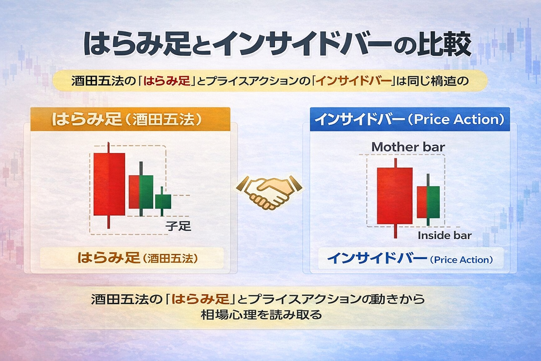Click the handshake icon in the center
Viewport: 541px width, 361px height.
269,192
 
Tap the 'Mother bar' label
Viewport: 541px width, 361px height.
408,147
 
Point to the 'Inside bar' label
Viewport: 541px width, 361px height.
444,235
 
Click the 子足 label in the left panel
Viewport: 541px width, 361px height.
178,226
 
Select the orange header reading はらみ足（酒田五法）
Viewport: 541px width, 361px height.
130,120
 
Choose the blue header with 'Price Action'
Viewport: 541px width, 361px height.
410,120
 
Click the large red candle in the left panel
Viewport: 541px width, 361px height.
109,184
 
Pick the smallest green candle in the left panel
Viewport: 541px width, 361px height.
163,201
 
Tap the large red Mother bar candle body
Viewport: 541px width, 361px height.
394,196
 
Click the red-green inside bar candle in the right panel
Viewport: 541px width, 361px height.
428,202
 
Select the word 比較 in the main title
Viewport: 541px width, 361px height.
444,44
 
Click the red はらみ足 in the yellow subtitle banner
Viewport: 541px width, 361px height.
167,81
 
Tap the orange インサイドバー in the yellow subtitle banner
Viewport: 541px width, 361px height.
354,81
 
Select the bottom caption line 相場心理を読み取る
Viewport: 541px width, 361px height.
261,314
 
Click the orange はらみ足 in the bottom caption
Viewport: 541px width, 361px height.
200,299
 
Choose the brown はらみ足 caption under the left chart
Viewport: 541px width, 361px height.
108,258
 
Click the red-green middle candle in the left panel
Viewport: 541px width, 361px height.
141,192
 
